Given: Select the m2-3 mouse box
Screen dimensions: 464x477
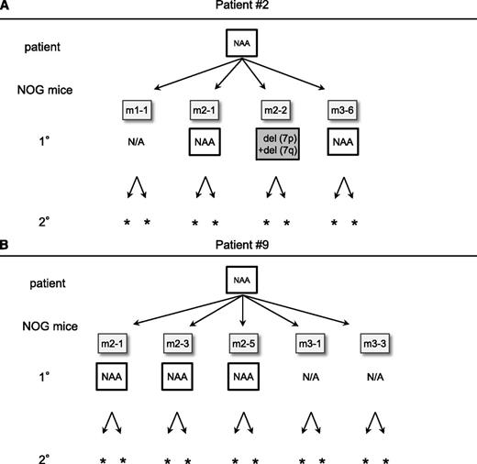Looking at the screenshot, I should pyautogui.click(x=177, y=343).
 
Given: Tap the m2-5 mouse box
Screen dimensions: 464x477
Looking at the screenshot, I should pyautogui.click(x=243, y=343).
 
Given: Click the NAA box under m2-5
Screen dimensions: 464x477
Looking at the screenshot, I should pyautogui.click(x=243, y=376).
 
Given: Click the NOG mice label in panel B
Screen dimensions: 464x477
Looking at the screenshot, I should pyautogui.click(x=47, y=325).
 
